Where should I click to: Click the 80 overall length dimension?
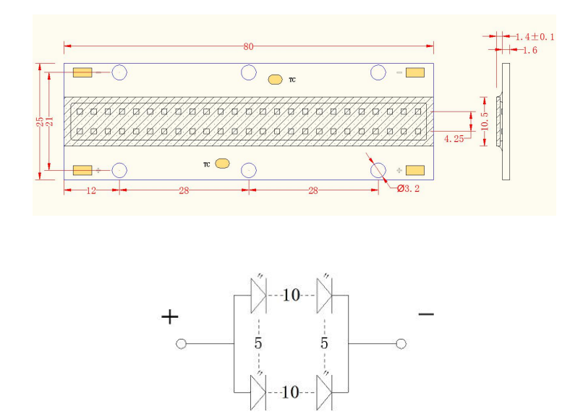pyautogui.click(x=248, y=46)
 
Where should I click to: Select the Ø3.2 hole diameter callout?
pyautogui.click(x=408, y=188)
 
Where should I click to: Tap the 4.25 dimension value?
pyautogui.click(x=454, y=138)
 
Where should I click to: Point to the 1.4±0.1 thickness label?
pyautogui.click(x=535, y=37)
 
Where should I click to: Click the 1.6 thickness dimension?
pyautogui.click(x=530, y=50)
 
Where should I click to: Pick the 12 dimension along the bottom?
pyautogui.click(x=91, y=190)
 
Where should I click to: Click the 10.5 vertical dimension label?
pyautogui.click(x=485, y=121)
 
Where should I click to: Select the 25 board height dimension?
pyautogui.click(x=40, y=122)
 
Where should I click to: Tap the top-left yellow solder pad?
pyautogui.click(x=82, y=72)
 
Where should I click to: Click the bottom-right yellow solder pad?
pyautogui.click(x=415, y=170)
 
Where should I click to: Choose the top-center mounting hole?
pyautogui.click(x=249, y=72)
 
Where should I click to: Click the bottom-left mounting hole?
pyautogui.click(x=119, y=170)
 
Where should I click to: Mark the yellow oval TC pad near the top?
pyautogui.click(x=275, y=80)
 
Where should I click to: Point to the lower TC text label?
pyautogui.click(x=206, y=164)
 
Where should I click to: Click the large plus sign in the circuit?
pyautogui.click(x=170, y=317)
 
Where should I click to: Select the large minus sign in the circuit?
pyautogui.click(x=426, y=313)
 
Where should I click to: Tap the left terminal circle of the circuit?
pyautogui.click(x=181, y=344)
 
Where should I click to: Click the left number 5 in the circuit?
pyautogui.click(x=258, y=343)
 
